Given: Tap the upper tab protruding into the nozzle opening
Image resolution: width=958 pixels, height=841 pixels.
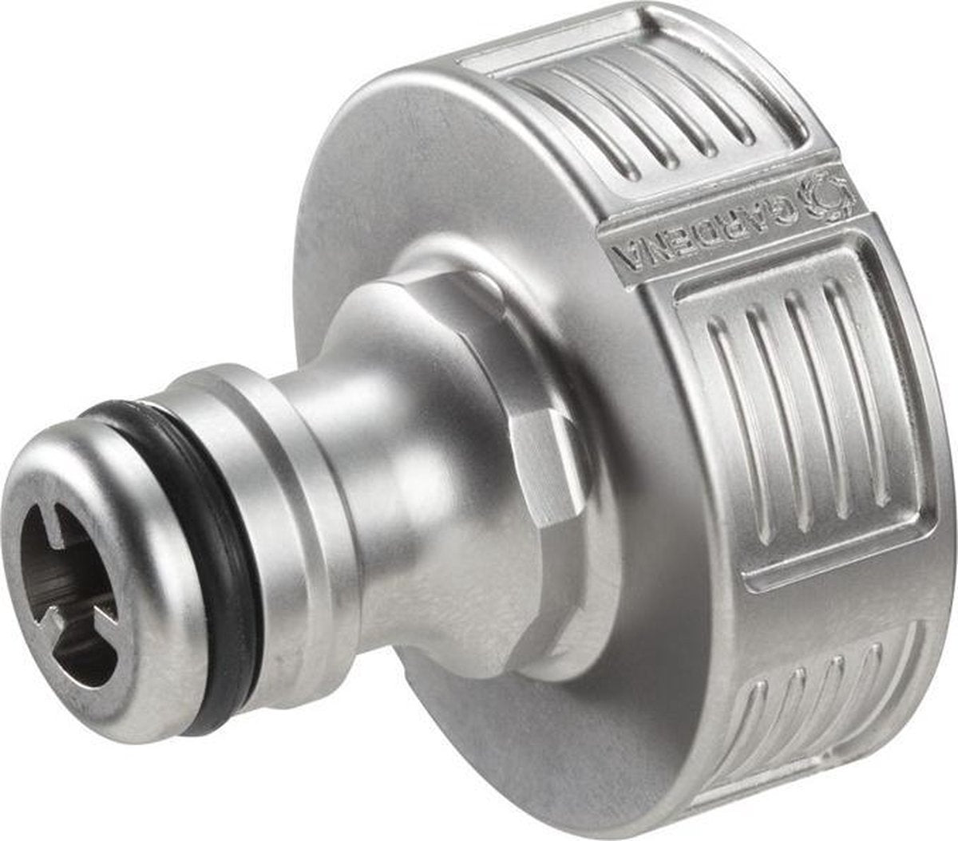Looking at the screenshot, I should tap(61, 527).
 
